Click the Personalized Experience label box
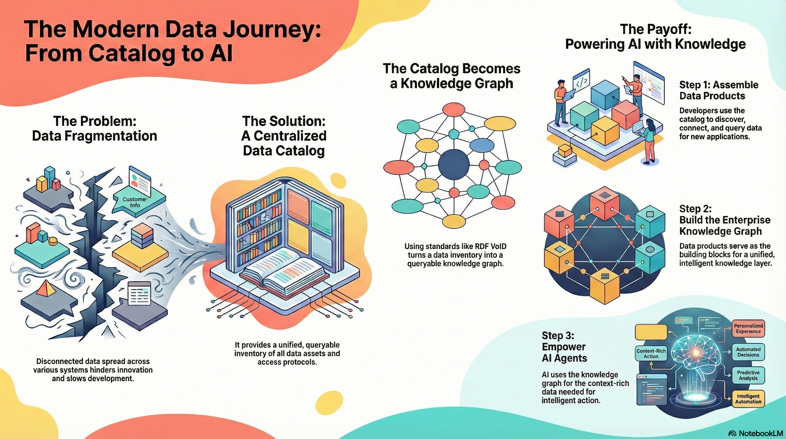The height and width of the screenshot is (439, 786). click(748, 328)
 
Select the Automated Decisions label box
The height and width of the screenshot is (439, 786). click(748, 352)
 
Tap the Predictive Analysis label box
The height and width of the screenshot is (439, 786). click(748, 375)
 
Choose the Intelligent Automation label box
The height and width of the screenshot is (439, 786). click(748, 399)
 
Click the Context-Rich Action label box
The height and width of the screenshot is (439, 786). click(651, 354)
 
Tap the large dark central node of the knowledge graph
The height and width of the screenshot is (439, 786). click(454, 165)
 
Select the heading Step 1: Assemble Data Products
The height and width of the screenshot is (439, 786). click(719, 90)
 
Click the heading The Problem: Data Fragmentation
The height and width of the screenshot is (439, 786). click(95, 129)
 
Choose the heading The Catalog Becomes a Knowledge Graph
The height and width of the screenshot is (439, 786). click(452, 76)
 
